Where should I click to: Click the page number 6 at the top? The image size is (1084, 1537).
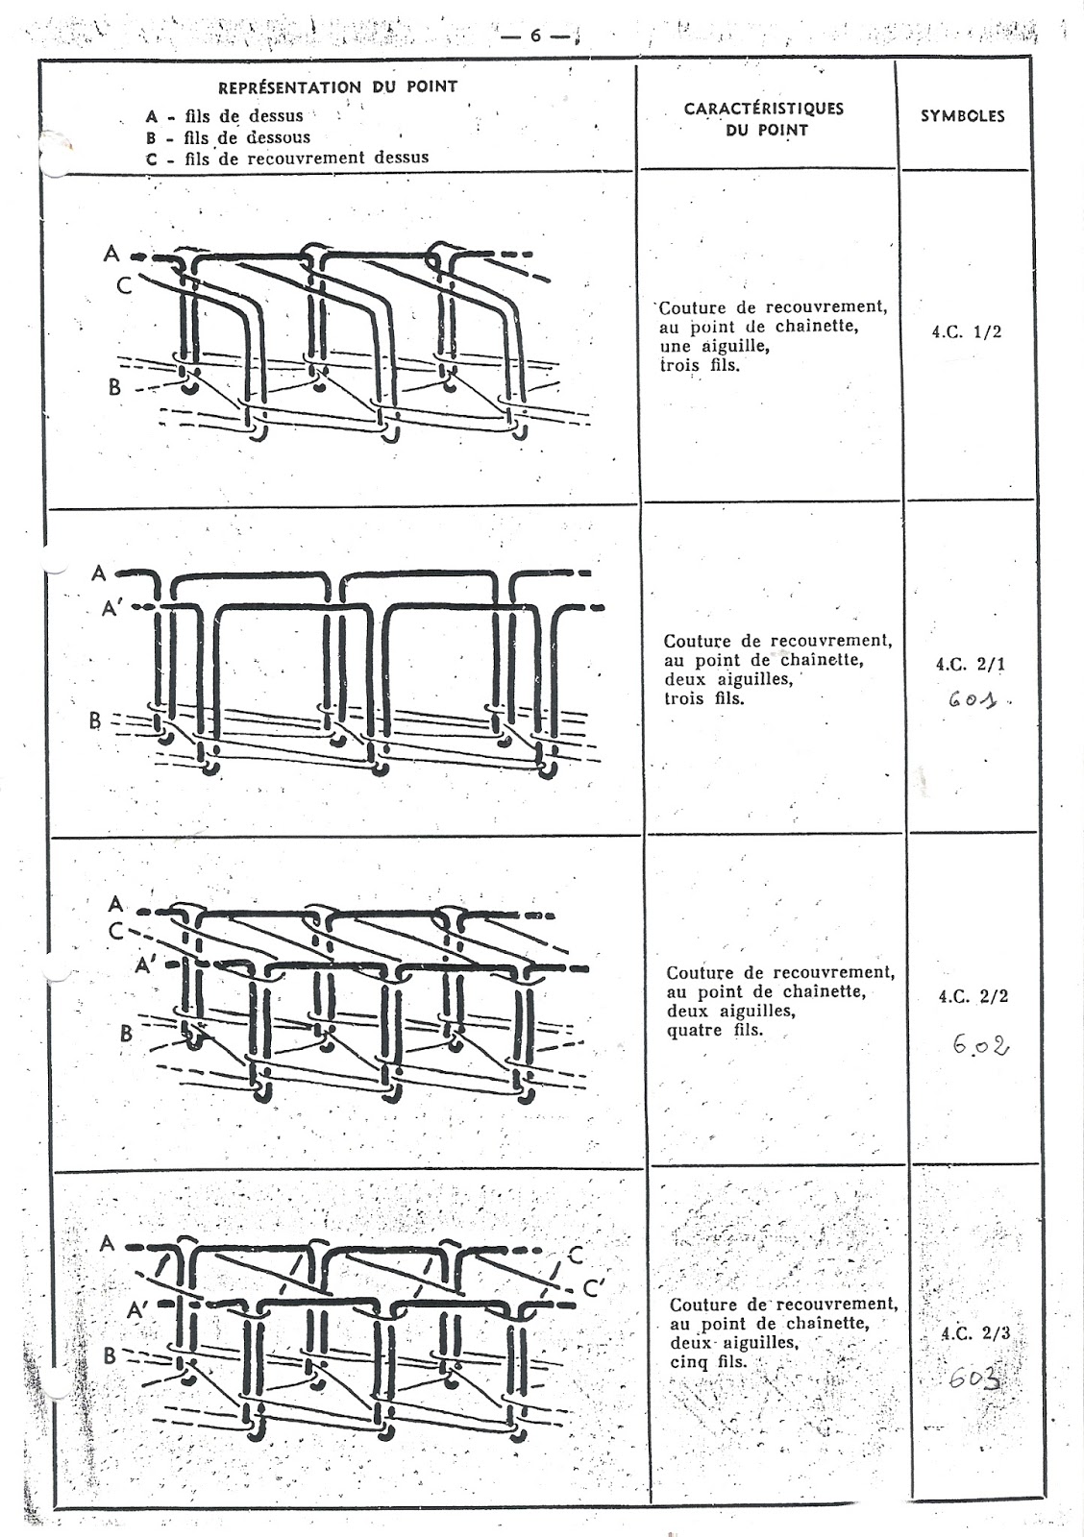point(536,36)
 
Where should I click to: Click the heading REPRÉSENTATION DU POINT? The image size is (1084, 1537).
point(337,86)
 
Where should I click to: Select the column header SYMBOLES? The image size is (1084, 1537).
point(962,116)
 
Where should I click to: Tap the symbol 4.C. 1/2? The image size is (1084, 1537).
point(967,332)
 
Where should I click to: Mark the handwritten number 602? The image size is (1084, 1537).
point(980,1045)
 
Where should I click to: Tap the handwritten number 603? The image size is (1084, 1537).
point(973,1379)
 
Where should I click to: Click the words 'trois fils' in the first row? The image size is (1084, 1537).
point(700,366)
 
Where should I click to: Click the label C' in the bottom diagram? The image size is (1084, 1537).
point(591,1288)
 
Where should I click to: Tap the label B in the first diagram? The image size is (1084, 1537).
point(114,389)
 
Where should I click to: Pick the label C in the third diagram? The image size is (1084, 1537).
point(115,930)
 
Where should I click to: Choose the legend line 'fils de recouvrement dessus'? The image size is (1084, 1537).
point(306,158)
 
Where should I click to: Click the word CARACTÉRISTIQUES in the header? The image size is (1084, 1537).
point(763,109)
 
